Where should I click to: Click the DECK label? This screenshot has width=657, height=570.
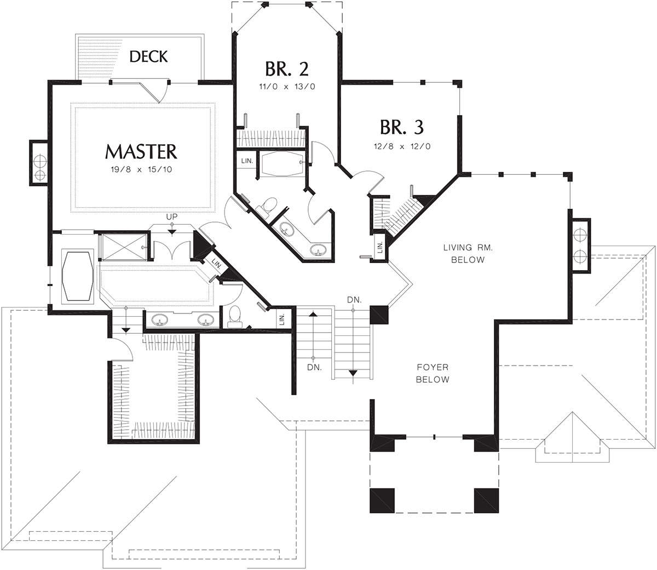(x=148, y=56)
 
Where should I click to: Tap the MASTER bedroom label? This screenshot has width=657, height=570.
(x=141, y=152)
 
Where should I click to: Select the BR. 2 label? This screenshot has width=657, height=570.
(x=287, y=69)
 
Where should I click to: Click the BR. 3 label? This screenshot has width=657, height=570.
(x=402, y=127)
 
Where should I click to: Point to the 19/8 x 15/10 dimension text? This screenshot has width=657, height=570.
(x=141, y=170)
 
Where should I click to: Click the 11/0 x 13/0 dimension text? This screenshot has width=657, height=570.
(x=287, y=87)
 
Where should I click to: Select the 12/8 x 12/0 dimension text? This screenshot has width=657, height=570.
(x=402, y=146)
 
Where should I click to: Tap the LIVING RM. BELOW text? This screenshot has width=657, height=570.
(x=468, y=253)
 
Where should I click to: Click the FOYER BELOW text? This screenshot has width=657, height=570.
(x=433, y=373)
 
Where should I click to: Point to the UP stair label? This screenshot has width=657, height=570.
(x=172, y=216)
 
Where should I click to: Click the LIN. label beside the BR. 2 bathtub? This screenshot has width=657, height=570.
(x=247, y=161)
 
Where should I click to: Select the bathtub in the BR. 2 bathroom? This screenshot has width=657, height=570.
(x=282, y=164)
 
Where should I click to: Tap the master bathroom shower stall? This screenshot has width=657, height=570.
(x=124, y=247)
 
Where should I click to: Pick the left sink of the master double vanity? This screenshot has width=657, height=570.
(x=159, y=319)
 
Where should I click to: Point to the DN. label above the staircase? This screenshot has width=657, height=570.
(x=354, y=299)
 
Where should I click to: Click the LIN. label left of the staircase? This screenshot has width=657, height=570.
(x=282, y=319)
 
